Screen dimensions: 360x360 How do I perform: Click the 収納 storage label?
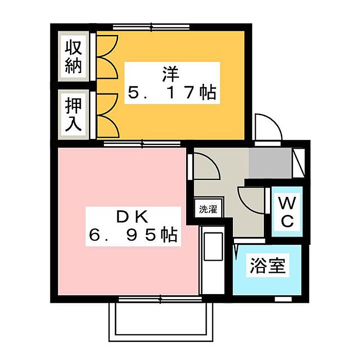(73, 57)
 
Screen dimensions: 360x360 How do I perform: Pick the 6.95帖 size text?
(132, 236)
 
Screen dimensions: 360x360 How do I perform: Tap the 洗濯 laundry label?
(208, 209)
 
